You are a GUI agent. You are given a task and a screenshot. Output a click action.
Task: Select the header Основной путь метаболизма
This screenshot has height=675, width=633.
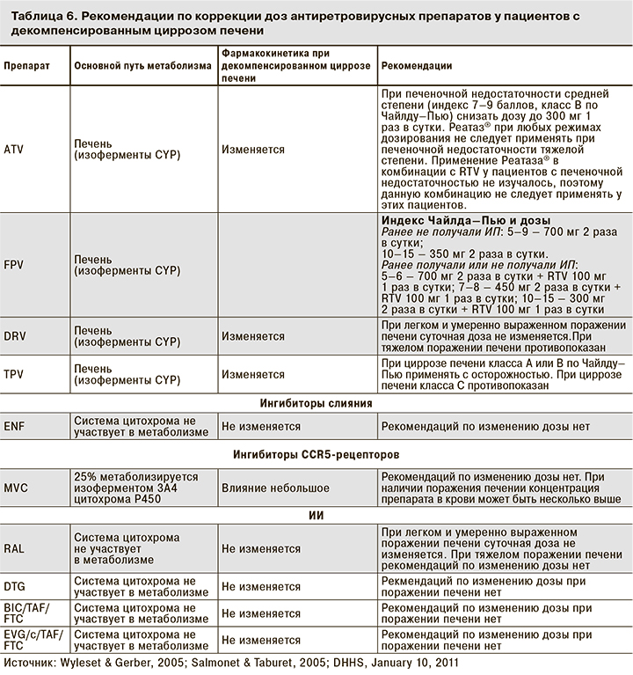[x=142, y=66]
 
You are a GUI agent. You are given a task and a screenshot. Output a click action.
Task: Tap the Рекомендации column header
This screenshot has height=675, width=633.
[x=417, y=66]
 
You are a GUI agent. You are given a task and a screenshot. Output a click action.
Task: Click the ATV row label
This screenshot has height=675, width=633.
[x=14, y=150]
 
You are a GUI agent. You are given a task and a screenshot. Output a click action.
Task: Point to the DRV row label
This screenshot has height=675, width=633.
[x=15, y=337]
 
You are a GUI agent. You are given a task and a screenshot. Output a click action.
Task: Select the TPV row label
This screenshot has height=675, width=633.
[x=14, y=374]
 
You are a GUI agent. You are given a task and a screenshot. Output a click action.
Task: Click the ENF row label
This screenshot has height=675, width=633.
[x=14, y=425]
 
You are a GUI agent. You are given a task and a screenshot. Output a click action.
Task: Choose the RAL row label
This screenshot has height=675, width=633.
[x=14, y=547]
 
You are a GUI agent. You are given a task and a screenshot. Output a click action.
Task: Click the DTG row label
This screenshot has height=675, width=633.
[x=15, y=584]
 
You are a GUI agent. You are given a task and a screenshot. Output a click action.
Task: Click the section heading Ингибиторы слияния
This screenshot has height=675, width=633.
[x=316, y=402]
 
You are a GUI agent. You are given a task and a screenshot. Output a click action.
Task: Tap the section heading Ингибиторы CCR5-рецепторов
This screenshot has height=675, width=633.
[x=316, y=455]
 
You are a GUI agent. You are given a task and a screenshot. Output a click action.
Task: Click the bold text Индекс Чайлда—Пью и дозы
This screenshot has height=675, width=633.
[x=465, y=220]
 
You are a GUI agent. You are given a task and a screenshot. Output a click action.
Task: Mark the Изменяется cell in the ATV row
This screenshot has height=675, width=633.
[x=252, y=150]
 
